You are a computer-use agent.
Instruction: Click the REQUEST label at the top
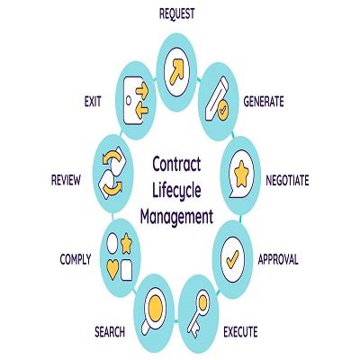pos(176,13)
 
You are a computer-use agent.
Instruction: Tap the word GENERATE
pos(264,102)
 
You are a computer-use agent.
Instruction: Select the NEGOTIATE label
pos(287,181)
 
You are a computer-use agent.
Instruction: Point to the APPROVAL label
pos(278,259)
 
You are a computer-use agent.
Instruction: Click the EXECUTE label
pos(240,332)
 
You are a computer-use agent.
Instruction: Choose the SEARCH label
pos(110,332)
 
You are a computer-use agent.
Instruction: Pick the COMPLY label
pos(76,259)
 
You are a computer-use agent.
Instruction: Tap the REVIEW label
pos(66,181)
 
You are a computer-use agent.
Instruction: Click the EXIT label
pos(93,102)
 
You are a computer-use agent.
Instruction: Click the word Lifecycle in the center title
pos(176,191)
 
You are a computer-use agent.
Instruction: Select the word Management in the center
pos(176,217)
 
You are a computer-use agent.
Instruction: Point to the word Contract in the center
pos(176,164)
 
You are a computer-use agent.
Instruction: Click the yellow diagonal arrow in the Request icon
pos(176,72)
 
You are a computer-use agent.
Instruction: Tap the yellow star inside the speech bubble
pos(241,174)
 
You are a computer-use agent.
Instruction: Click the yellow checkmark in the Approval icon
pos(232,259)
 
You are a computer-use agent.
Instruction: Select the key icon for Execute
pos(198,313)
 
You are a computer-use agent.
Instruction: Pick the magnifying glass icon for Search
pos(154,310)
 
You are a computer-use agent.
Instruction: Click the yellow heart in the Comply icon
pos(112,269)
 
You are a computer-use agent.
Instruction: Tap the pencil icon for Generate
pos(217,98)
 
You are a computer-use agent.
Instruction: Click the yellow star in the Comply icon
pos(126,244)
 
